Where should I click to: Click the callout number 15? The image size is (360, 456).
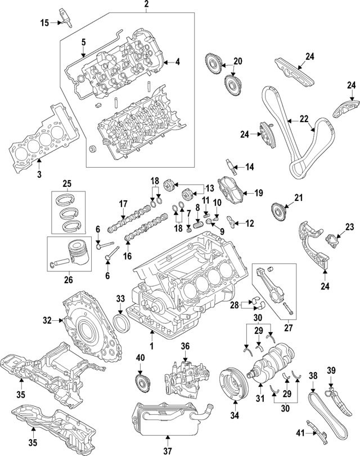[x=44, y=23]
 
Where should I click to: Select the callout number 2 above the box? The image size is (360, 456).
[x=146, y=6]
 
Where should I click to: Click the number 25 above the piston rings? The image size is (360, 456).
[x=67, y=184]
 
